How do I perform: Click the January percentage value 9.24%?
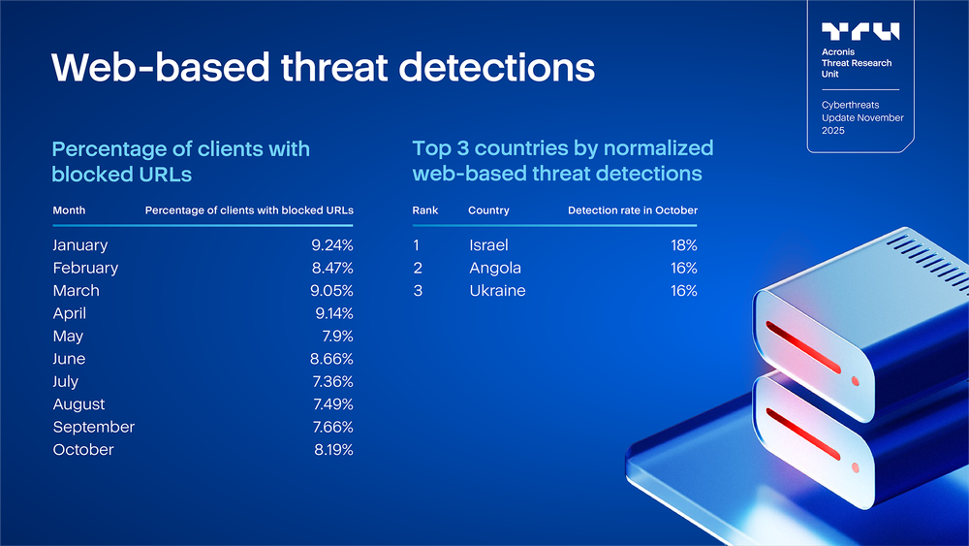(x=331, y=245)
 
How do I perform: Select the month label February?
(x=85, y=269)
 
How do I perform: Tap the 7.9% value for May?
(x=337, y=337)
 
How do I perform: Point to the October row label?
(x=83, y=450)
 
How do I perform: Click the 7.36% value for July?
(x=333, y=381)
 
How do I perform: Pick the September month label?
(x=93, y=428)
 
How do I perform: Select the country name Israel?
(x=488, y=245)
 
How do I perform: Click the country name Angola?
(x=495, y=269)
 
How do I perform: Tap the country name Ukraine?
(x=497, y=291)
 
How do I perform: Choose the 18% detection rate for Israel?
(x=684, y=245)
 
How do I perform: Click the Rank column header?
(x=425, y=210)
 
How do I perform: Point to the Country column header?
(x=488, y=210)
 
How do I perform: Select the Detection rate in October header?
(x=633, y=210)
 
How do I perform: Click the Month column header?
(x=69, y=210)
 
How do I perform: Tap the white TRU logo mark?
(x=860, y=32)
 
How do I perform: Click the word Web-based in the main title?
(x=161, y=67)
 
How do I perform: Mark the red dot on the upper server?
(x=856, y=381)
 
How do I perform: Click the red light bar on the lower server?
(x=802, y=434)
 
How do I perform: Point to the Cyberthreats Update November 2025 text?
(x=862, y=117)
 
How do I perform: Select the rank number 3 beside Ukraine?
(x=418, y=291)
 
